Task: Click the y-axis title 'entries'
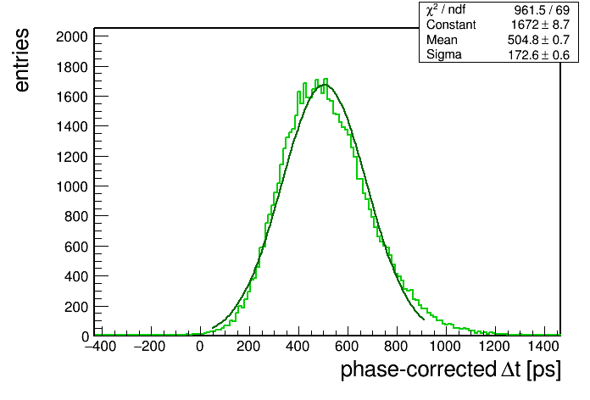[22, 60]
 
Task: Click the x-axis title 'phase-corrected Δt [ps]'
[451, 369]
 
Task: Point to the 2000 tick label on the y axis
[72, 37]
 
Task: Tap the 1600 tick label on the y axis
[72, 97]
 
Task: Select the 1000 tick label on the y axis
[72, 186]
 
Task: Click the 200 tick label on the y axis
[76, 307]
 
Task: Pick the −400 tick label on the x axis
[101, 347]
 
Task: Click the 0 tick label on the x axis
[200, 347]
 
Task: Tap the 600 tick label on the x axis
[347, 347]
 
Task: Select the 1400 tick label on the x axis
[543, 347]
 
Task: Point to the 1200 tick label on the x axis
[494, 347]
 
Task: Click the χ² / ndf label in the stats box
[446, 9]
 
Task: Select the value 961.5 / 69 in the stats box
[542, 10]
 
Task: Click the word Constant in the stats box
[451, 25]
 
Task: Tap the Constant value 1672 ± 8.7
[540, 25]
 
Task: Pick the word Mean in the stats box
[442, 40]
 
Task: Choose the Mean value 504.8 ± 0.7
[538, 40]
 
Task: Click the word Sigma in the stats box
[444, 54]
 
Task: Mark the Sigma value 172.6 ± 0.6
[539, 55]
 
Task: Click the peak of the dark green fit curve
[324, 85]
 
